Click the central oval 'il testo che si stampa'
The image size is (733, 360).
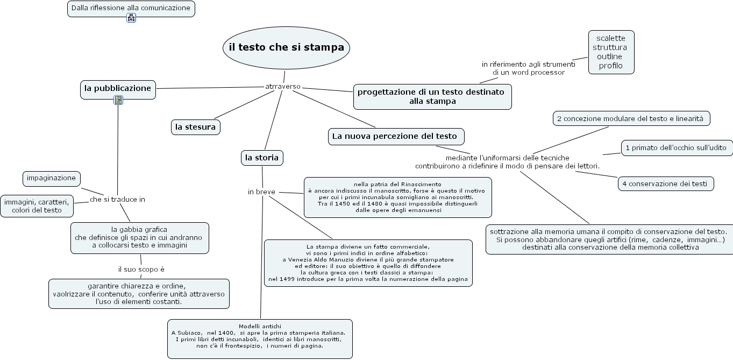[286, 47]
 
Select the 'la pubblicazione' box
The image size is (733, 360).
[118, 88]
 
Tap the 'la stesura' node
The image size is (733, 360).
[195, 127]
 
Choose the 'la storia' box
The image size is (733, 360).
[261, 158]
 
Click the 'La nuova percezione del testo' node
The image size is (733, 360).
[395, 137]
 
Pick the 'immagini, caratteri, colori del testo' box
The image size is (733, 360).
[37, 206]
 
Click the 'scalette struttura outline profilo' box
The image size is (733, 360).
[610, 52]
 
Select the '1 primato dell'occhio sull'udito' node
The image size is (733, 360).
[676, 147]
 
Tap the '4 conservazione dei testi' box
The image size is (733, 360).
[665, 183]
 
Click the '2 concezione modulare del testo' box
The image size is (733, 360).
[630, 118]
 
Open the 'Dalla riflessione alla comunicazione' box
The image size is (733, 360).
[131, 8]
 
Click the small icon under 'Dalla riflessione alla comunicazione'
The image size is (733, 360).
[131, 18]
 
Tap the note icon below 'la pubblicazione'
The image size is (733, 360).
[118, 100]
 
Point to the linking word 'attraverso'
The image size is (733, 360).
[283, 87]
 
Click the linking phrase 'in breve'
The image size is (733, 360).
[261, 192]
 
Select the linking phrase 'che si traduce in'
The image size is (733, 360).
[117, 199]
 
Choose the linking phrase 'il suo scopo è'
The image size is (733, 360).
[141, 269]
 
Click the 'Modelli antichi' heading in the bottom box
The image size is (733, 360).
[260, 326]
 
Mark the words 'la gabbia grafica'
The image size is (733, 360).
[139, 229]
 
